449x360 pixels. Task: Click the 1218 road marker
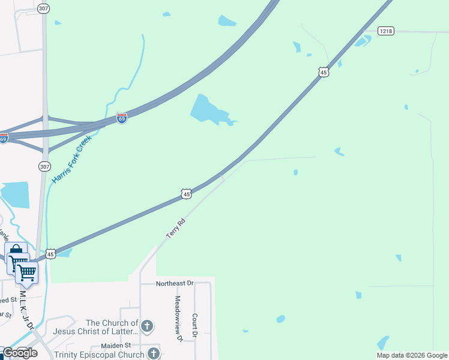coord(386,30)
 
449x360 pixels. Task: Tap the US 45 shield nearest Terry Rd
coord(187,194)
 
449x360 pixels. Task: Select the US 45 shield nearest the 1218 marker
coord(324,72)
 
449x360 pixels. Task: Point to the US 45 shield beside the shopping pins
coord(51,254)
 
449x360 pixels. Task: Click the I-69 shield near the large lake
coord(122,118)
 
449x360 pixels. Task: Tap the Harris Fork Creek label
coord(71,160)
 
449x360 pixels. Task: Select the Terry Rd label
coord(176,229)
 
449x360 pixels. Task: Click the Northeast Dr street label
coord(175,283)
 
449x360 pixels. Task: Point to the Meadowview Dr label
coord(178,318)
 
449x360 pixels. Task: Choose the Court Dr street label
coord(195,325)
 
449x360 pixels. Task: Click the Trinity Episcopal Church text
coord(99,355)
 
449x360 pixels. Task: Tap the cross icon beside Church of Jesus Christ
coord(147,326)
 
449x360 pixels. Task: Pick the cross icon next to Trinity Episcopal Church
coord(154,353)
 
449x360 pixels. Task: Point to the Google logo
coord(20,353)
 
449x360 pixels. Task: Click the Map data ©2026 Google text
coord(412,355)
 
